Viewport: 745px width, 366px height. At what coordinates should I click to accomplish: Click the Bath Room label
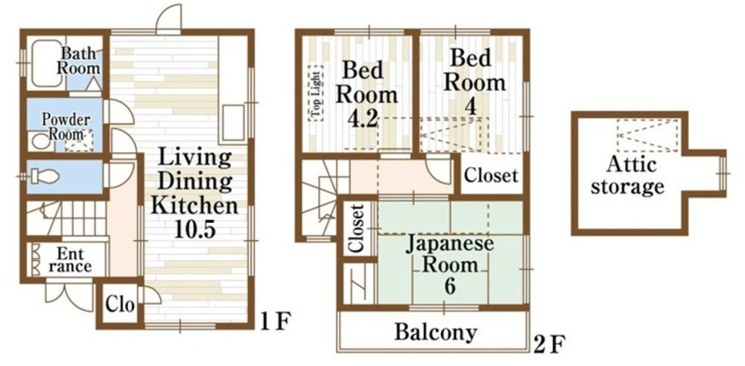click(x=79, y=60)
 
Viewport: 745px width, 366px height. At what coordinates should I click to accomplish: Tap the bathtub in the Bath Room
click(x=46, y=64)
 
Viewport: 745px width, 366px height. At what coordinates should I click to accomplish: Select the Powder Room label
click(x=66, y=126)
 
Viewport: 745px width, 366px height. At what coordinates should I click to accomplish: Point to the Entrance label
click(x=70, y=259)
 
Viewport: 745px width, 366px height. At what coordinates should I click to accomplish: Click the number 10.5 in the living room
click(x=194, y=230)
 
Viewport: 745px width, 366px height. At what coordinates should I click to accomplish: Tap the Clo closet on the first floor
click(x=119, y=304)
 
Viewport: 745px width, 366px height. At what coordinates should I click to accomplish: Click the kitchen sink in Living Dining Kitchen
click(x=233, y=123)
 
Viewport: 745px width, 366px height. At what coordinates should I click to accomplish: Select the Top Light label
click(x=315, y=94)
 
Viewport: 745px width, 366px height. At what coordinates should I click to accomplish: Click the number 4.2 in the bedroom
click(x=363, y=119)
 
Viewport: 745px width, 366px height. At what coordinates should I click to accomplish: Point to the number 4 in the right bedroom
click(x=470, y=107)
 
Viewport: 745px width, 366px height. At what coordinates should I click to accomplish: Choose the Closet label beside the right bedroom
click(x=491, y=175)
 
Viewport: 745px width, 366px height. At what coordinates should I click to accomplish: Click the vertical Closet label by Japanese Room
click(x=358, y=228)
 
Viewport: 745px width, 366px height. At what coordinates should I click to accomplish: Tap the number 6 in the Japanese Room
click(x=450, y=287)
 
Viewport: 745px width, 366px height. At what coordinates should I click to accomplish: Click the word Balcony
click(x=436, y=332)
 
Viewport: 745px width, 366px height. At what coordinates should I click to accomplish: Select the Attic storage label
click(x=627, y=175)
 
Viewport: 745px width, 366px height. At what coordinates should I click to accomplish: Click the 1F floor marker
click(x=275, y=322)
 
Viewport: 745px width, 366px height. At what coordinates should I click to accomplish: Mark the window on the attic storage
click(x=723, y=174)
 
